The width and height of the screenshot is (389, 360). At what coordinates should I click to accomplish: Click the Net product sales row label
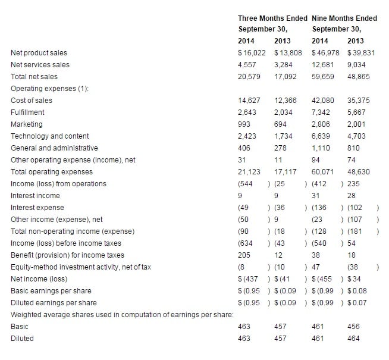[x=39, y=53]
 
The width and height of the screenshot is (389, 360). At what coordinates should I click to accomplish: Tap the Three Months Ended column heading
[x=272, y=18]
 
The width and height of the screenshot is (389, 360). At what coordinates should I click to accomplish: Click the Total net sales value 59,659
[x=323, y=77]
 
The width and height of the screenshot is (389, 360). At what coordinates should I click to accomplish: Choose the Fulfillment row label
[x=27, y=112]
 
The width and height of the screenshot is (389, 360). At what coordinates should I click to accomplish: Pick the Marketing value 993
[x=244, y=124]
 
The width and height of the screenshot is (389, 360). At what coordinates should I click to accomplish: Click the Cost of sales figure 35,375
[x=359, y=101]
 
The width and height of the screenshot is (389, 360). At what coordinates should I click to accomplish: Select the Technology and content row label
[x=50, y=136]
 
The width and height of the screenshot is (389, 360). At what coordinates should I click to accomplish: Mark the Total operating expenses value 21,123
[x=249, y=172]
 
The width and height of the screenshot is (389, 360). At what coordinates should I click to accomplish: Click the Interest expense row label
[x=35, y=208]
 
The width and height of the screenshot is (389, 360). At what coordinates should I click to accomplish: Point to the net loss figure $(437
[x=249, y=279]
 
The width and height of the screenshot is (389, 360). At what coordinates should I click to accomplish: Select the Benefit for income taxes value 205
[x=244, y=255]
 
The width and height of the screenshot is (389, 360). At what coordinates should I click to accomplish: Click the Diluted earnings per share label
[x=54, y=303]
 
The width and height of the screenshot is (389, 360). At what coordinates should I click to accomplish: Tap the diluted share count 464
[x=353, y=339]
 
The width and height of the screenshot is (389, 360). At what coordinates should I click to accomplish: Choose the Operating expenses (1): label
[x=48, y=89]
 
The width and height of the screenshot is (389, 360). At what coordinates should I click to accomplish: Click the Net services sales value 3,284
[x=284, y=65]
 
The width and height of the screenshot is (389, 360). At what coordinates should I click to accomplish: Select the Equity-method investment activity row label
[x=81, y=267]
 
